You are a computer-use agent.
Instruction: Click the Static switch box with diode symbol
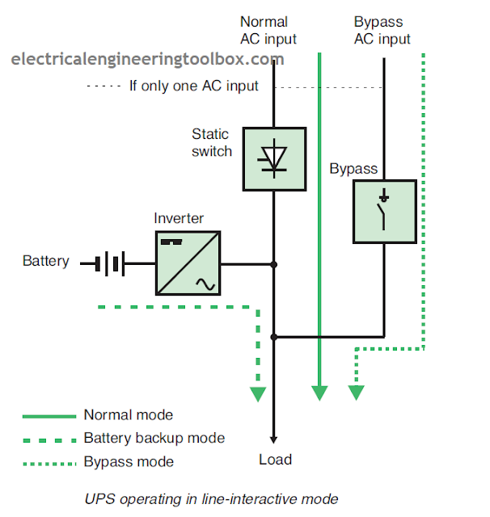[274, 158]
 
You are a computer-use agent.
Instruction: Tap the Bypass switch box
[384, 212]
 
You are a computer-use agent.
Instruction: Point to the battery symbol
[112, 263]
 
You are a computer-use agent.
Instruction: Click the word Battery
[45, 262]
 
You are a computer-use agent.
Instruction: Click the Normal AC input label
[268, 31]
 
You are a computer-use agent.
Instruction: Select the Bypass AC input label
[382, 31]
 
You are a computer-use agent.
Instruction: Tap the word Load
[275, 460]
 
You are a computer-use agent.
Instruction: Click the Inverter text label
[179, 219]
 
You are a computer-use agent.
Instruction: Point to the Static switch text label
[211, 142]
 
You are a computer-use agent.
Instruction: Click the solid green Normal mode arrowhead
[320, 393]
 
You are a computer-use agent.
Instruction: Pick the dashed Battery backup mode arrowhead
[257, 393]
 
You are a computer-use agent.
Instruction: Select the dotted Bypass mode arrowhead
[355, 393]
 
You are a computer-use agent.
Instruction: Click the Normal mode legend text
[128, 415]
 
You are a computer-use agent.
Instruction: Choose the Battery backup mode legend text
[154, 439]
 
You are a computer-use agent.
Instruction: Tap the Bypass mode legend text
[128, 462]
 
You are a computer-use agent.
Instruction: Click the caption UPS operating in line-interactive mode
[211, 498]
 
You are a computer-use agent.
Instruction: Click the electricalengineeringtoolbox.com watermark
[147, 60]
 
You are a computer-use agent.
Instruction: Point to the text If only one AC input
[194, 86]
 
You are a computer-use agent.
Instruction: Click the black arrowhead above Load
[274, 439]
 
